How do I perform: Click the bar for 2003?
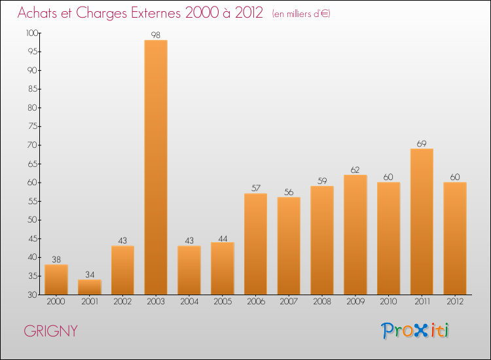click(x=156, y=167)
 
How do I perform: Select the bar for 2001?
click(x=89, y=287)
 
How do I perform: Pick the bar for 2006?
click(x=255, y=243)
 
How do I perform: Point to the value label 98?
click(x=156, y=35)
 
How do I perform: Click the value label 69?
click(x=422, y=143)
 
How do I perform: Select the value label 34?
click(x=89, y=274)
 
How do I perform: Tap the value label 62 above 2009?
click(x=355, y=170)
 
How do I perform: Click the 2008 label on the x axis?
click(x=322, y=302)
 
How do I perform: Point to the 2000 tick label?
click(x=56, y=302)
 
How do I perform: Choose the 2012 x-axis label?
click(x=455, y=302)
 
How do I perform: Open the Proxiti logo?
click(x=415, y=331)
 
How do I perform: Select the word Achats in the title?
click(x=41, y=13)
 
